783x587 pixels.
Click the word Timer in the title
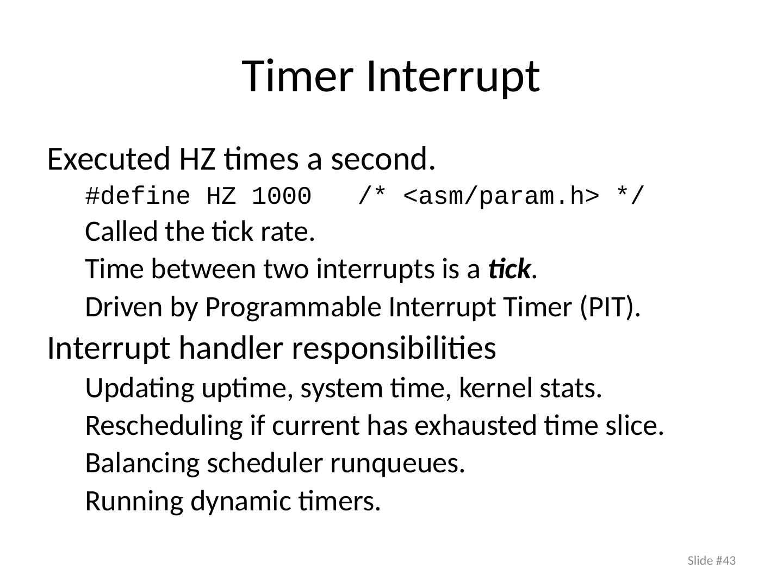pos(297,76)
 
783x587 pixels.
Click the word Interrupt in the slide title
pos(453,77)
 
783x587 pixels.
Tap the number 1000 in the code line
pos(282,196)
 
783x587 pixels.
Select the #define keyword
pos(138,196)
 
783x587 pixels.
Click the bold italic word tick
pos(509,268)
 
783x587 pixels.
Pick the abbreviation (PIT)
pos(610,307)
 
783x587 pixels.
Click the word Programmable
pos(293,308)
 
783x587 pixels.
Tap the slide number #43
pos(725,560)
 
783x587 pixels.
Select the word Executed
pos(108,159)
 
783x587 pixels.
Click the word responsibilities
pos(394,349)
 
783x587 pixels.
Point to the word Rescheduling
pos(164,426)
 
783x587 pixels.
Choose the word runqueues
pos(397,464)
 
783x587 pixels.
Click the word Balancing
pos(142,464)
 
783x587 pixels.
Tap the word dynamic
pos(240,502)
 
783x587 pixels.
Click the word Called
pos(121,232)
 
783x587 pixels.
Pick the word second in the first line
pos(383,159)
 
